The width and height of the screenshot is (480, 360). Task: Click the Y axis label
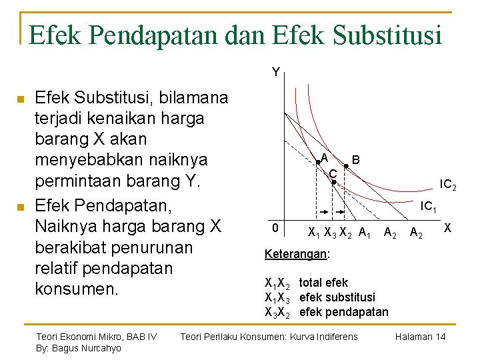pyautogui.click(x=275, y=72)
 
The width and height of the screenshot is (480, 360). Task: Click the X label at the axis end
pyautogui.click(x=448, y=227)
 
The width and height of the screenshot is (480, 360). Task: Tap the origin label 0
pyautogui.click(x=275, y=228)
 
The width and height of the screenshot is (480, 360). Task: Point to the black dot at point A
pyautogui.click(x=318, y=162)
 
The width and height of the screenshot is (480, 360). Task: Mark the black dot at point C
pyautogui.click(x=334, y=181)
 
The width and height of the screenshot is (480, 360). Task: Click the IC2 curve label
pyautogui.click(x=447, y=183)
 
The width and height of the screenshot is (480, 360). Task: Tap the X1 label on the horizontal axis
pyautogui.click(x=313, y=233)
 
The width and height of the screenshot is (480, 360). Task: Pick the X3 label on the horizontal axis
pyautogui.click(x=329, y=233)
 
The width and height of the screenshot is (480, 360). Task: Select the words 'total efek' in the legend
pyautogui.click(x=323, y=283)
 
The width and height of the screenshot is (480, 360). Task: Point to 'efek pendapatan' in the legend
pyautogui.click(x=343, y=312)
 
